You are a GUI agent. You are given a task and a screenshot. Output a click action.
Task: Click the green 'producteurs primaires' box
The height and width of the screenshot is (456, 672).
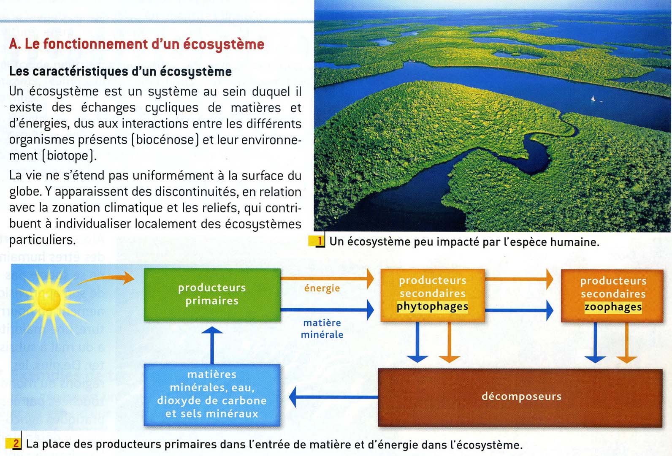[x=212, y=295]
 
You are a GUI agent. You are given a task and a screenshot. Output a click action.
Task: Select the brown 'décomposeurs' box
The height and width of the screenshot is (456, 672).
[x=520, y=397]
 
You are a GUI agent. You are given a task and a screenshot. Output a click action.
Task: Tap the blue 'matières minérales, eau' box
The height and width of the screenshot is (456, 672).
[x=212, y=394]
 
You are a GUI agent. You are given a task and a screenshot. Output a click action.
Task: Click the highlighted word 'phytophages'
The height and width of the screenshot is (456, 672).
[x=432, y=307]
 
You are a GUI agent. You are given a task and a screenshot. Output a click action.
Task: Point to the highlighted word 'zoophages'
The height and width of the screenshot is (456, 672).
[x=613, y=307]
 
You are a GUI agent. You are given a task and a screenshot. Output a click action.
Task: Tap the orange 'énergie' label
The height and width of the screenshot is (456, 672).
[x=322, y=288]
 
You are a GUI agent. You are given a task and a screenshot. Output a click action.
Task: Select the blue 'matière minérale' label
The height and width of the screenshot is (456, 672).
[x=322, y=328]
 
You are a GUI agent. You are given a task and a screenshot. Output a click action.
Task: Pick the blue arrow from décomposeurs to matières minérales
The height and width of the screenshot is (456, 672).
[x=333, y=397]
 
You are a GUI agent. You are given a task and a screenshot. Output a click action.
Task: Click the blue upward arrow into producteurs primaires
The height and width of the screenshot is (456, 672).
[x=212, y=344]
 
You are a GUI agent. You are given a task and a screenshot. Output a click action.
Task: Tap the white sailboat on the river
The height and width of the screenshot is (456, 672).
[x=593, y=98]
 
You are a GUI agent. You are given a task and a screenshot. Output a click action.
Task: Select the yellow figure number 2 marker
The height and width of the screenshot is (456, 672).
[x=16, y=443]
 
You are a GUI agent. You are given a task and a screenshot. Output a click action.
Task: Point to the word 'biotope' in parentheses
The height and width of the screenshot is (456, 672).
[x=68, y=156]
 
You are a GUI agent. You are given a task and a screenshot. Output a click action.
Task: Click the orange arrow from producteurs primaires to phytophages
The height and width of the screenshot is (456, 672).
[x=327, y=279]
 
